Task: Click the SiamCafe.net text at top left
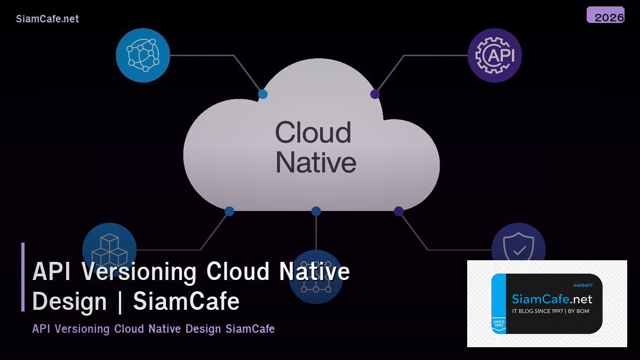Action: point(47,19)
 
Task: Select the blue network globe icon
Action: point(143,55)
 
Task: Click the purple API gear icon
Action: point(494,55)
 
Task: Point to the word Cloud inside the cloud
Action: point(313,133)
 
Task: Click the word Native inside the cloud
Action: point(316,162)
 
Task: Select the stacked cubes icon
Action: point(109,249)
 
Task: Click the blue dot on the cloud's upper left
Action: point(263,94)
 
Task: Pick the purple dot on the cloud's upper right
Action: point(375,94)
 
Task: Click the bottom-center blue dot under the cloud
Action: point(316,211)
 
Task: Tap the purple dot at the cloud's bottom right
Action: point(398,211)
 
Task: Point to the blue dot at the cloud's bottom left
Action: point(229,211)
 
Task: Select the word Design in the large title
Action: point(70,301)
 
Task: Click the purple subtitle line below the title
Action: point(154,329)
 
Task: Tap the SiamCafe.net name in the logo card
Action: point(552,299)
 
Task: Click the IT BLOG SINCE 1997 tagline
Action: point(550,311)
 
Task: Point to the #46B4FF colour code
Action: point(583,286)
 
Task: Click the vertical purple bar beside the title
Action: point(23,277)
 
